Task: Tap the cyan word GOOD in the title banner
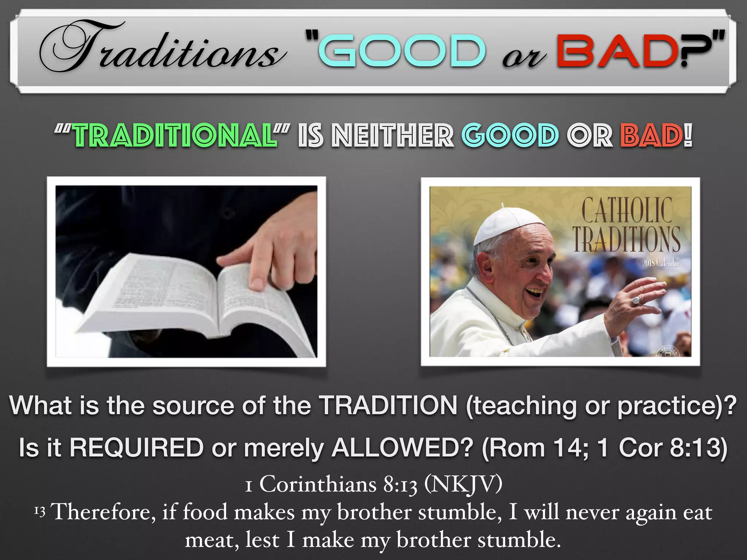click(x=402, y=51)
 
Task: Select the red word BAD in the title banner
click(x=617, y=51)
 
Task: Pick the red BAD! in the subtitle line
click(x=656, y=136)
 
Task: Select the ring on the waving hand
click(x=636, y=301)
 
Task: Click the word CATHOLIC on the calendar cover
click(x=627, y=210)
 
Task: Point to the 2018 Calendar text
click(x=661, y=262)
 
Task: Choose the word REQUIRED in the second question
click(x=136, y=447)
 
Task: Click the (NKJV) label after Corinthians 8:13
click(x=463, y=485)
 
